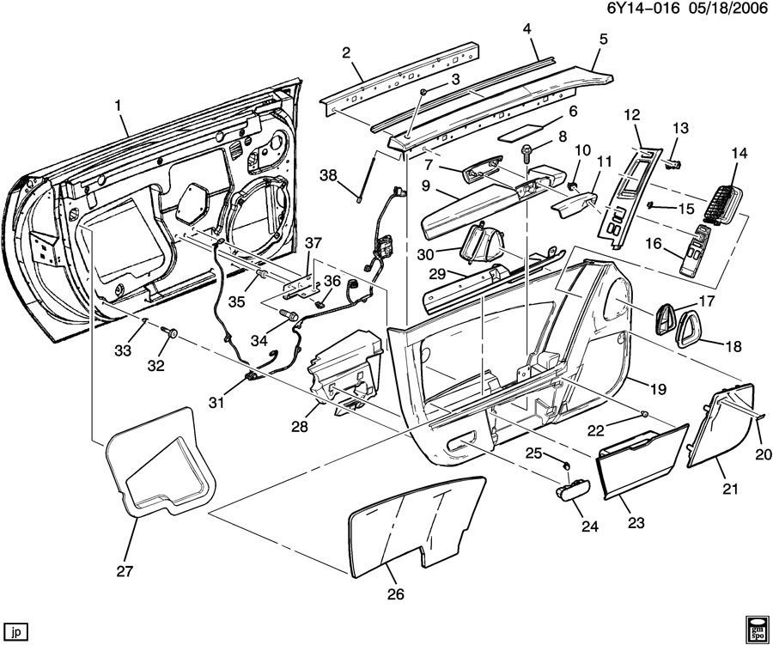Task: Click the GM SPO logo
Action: pos(757,626)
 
